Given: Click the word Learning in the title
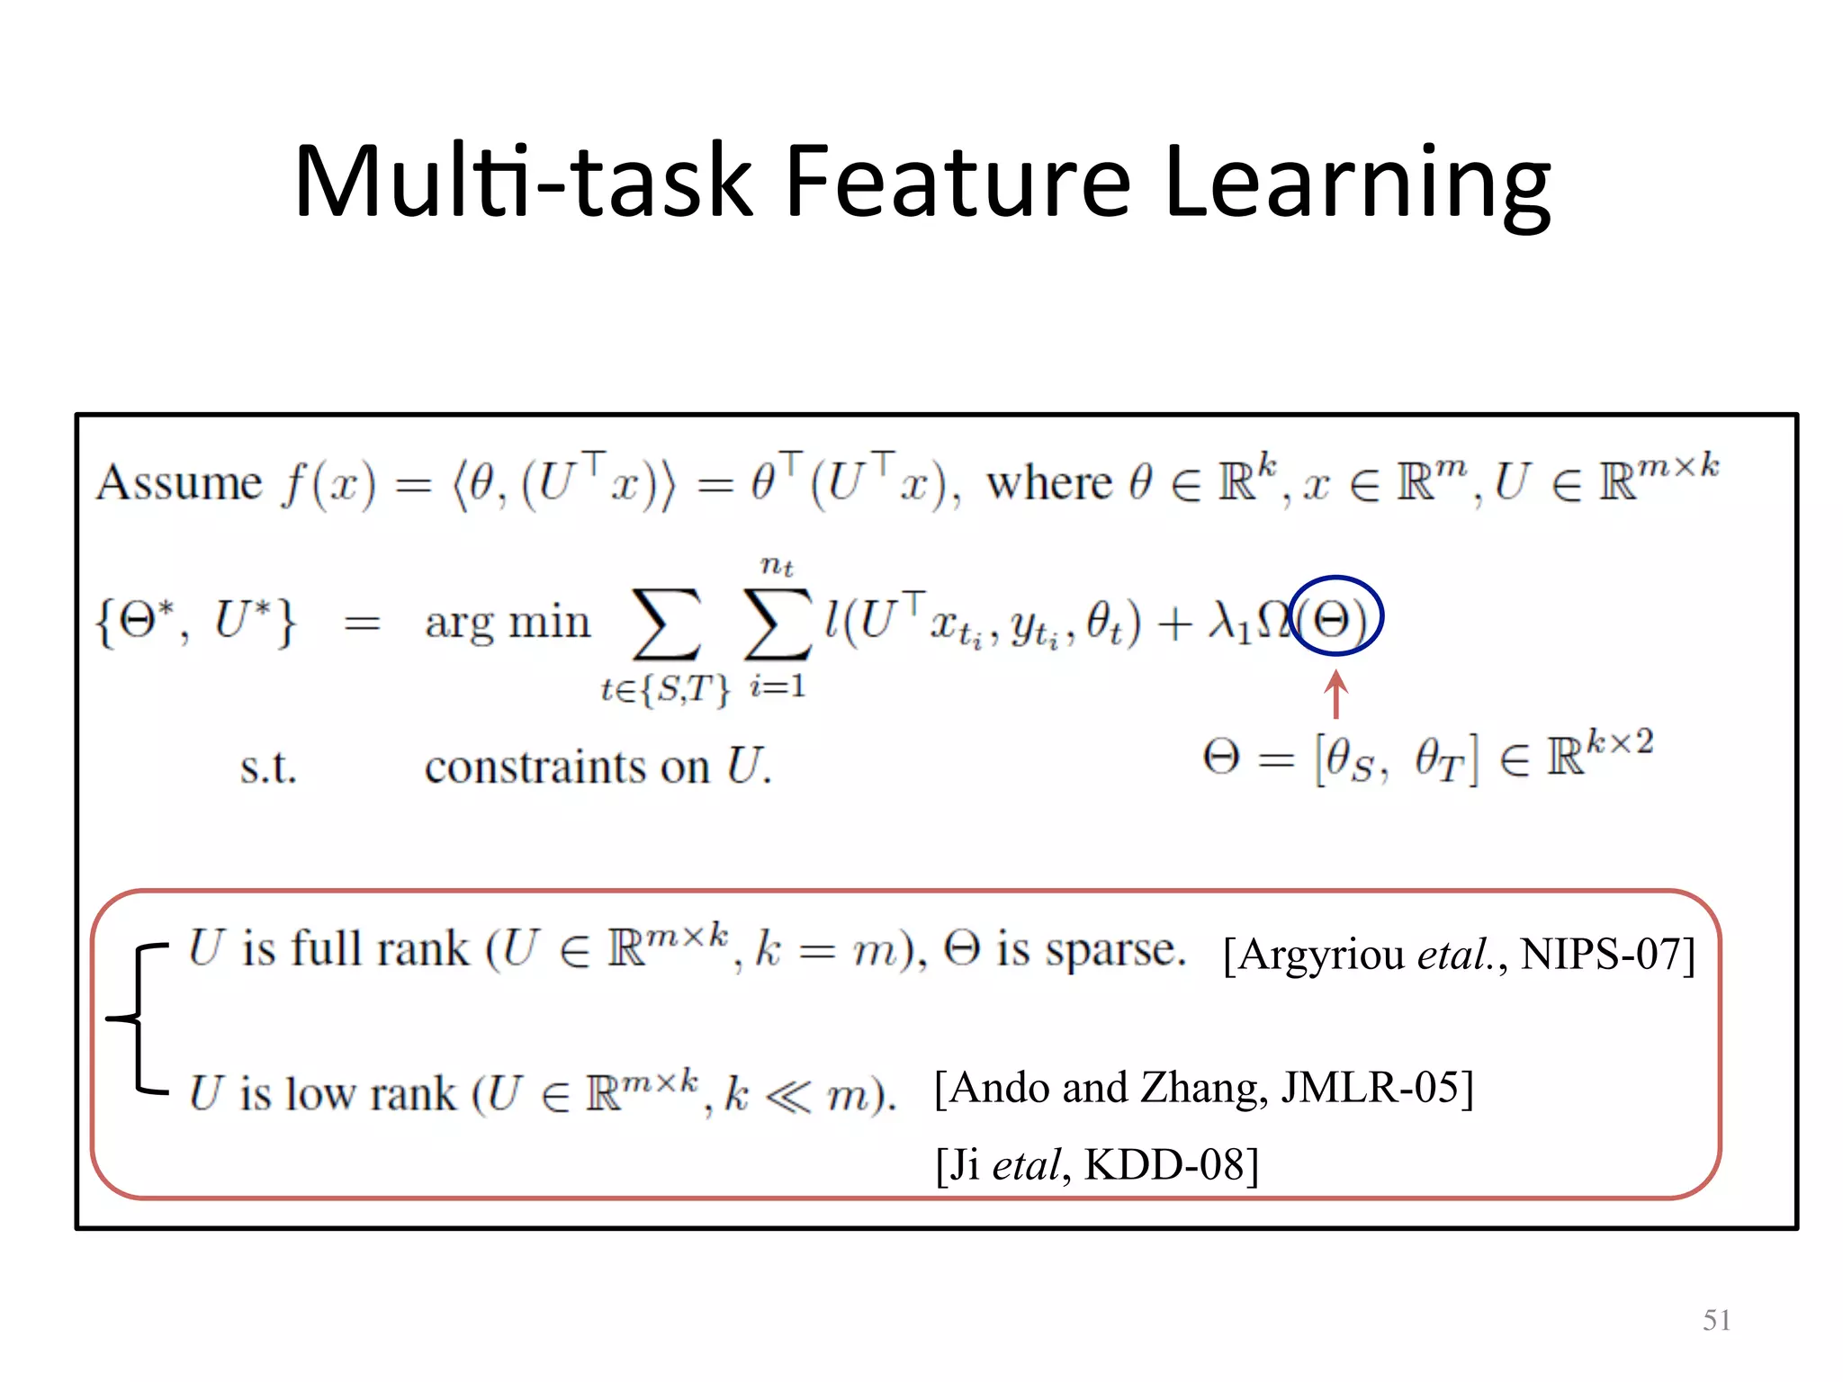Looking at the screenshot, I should click(1357, 184).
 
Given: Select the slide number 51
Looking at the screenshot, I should click(1716, 1320).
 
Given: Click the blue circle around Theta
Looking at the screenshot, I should click(1335, 616).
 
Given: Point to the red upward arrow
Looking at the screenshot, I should click(1335, 695).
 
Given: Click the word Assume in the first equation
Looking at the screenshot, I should click(179, 483).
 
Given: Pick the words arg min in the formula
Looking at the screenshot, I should click(508, 623).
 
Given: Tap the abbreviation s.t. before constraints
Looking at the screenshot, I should click(268, 768).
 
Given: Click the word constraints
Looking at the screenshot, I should click(567, 767).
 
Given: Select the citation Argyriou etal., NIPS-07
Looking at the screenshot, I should click(1459, 955).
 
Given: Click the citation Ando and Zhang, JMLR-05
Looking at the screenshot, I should click(1203, 1088).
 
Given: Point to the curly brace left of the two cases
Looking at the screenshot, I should click(136, 1019).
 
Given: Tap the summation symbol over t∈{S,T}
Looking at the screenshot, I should click(666, 624).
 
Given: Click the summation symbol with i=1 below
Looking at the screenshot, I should click(778, 624).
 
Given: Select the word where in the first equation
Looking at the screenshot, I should click(1049, 483).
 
